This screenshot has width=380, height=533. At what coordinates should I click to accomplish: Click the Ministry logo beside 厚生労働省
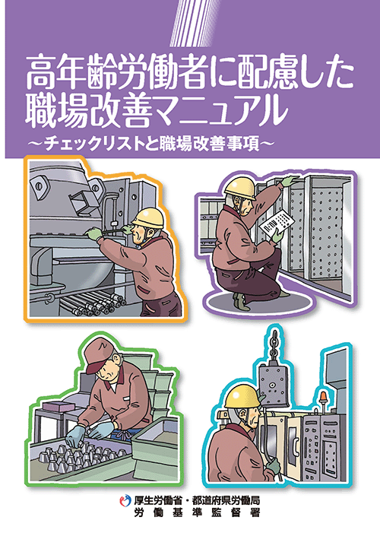click(125, 500)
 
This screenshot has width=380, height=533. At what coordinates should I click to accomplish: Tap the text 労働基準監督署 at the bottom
click(197, 512)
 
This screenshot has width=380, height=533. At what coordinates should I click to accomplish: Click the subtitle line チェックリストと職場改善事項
click(151, 144)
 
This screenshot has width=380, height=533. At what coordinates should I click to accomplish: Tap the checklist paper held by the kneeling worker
click(277, 224)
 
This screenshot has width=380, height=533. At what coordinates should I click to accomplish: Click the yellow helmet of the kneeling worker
click(240, 188)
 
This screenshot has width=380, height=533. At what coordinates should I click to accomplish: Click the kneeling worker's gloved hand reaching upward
click(290, 180)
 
